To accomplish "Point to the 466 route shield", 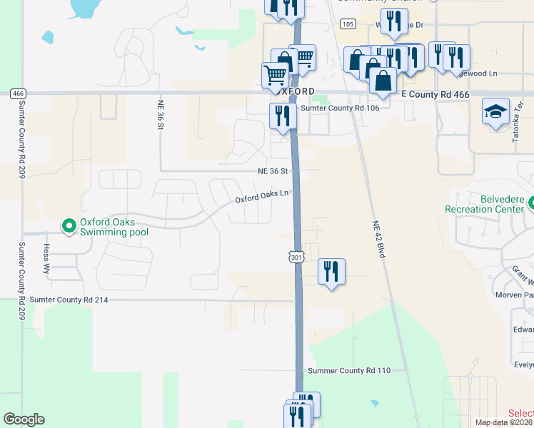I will pos(18,93).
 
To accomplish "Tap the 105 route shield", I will pos(348,24).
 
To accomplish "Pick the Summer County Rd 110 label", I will pos(349,371).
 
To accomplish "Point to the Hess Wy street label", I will pos(47,258).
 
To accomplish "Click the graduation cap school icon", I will pos(495,111).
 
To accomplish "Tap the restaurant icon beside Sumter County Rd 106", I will pos(283,116).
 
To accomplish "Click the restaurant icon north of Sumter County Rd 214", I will pos(331,271).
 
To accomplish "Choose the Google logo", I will pos(24,419).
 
